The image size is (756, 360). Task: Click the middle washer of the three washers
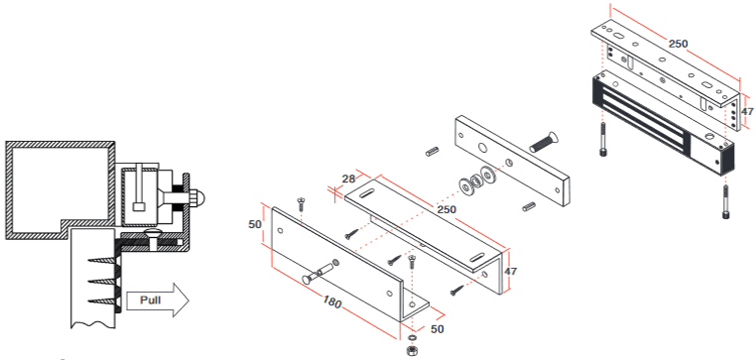click(476, 181)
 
